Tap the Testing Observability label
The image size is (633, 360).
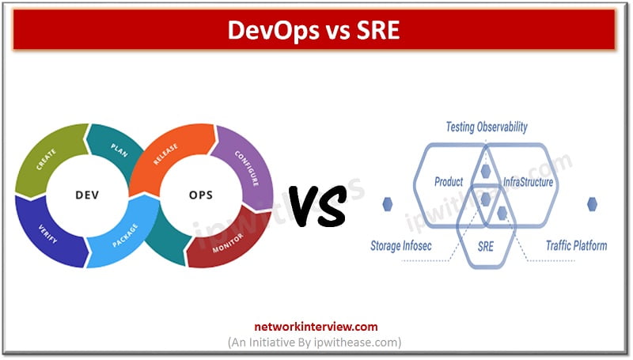tap(486, 127)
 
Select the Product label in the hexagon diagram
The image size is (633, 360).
tap(448, 182)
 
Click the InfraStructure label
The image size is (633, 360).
tap(528, 182)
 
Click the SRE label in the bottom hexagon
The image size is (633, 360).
tap(486, 246)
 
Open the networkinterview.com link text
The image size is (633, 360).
tap(316, 326)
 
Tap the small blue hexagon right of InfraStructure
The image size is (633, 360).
tap(591, 204)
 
